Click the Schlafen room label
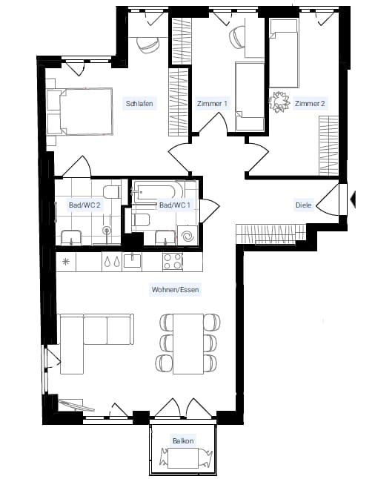point(139,103)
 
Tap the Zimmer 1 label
point(212,103)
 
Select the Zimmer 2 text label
point(310,103)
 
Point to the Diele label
point(303,205)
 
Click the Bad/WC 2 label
point(84,205)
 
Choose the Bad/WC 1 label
point(175,205)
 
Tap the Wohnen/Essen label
point(176,289)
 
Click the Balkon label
point(183,440)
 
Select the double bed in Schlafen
point(80,111)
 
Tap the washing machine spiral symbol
point(187,236)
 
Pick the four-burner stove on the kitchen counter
point(173,262)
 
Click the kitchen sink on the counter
point(132,262)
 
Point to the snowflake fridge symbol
point(66,262)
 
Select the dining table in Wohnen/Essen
point(188,343)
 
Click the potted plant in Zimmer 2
point(279,102)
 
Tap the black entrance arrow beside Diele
point(353,199)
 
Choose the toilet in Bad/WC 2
point(111,192)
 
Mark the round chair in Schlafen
point(148,45)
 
